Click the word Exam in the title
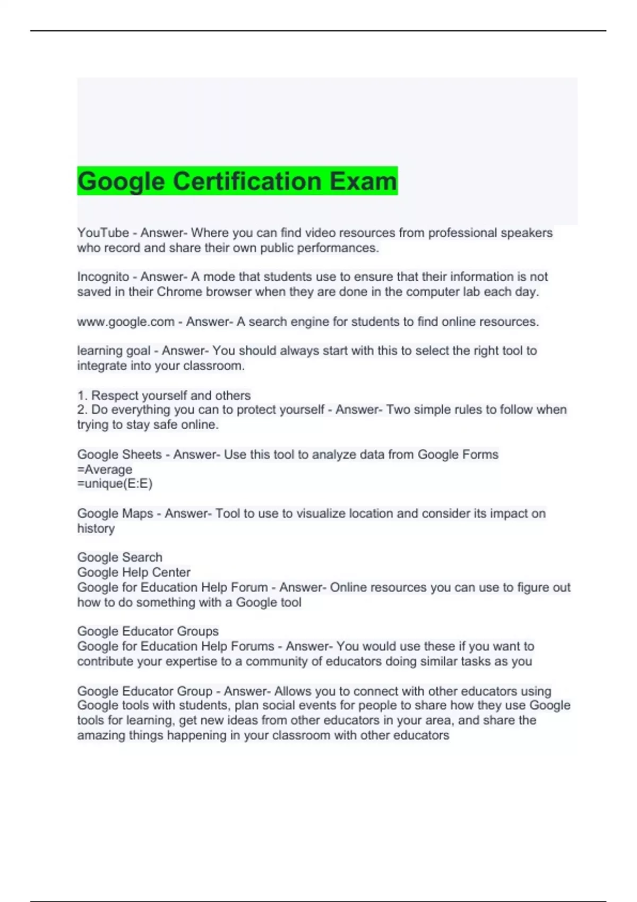click(x=363, y=181)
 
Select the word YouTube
click(x=103, y=233)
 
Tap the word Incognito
click(x=103, y=277)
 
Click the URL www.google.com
click(x=126, y=322)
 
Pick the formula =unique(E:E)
click(x=115, y=484)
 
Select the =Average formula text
click(x=105, y=470)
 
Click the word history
click(x=96, y=528)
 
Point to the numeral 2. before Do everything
click(x=82, y=410)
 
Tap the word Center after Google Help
click(x=171, y=573)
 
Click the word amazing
click(x=101, y=735)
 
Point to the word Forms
click(x=483, y=455)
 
